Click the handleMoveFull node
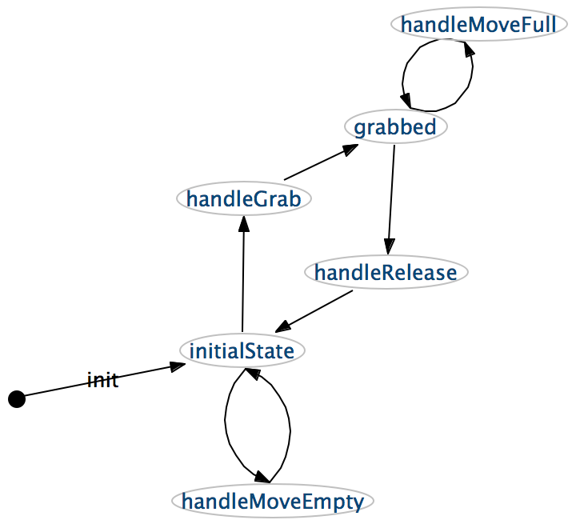[478, 25]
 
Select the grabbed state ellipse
[396, 126]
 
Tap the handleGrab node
[244, 198]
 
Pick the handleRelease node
[386, 272]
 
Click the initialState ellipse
[242, 350]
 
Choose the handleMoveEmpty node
[273, 501]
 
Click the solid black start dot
[17, 399]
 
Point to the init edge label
[102, 380]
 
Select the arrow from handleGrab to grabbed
[321, 162]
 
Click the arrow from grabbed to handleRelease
[391, 199]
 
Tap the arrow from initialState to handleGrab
[243, 274]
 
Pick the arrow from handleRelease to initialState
[314, 311]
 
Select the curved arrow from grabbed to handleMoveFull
[472, 75]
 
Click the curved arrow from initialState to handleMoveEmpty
[225, 422]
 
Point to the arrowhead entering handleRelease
[389, 246]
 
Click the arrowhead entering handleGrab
[244, 224]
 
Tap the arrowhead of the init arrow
[177, 366]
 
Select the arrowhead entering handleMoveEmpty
[262, 477]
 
